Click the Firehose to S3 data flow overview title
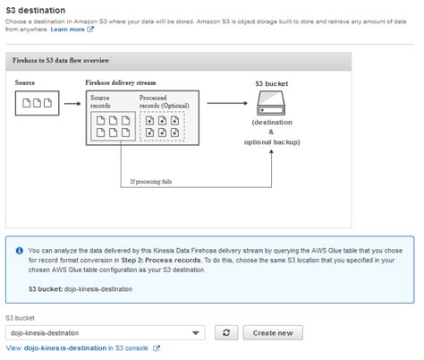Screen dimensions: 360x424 click(61, 60)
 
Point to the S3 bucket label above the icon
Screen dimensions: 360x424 click(272, 82)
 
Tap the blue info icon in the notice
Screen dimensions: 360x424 click(19, 250)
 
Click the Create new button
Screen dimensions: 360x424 click(273, 332)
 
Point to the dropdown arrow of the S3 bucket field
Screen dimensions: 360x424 click(196, 333)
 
